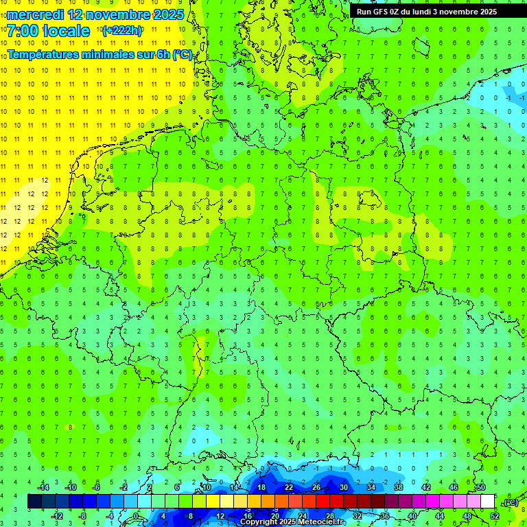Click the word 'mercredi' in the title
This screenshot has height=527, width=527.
35,14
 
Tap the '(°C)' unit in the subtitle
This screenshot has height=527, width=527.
183,54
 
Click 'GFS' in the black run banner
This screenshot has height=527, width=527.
382,12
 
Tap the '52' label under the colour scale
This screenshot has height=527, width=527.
495,516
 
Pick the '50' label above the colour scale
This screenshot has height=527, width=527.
481,487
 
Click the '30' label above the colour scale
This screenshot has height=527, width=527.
344,487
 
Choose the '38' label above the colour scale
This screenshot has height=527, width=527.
399,487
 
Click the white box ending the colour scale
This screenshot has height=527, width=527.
488,501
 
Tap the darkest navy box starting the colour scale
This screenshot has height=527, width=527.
34,501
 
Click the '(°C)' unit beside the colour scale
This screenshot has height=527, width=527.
510,502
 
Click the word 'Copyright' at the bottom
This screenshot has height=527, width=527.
259,522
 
